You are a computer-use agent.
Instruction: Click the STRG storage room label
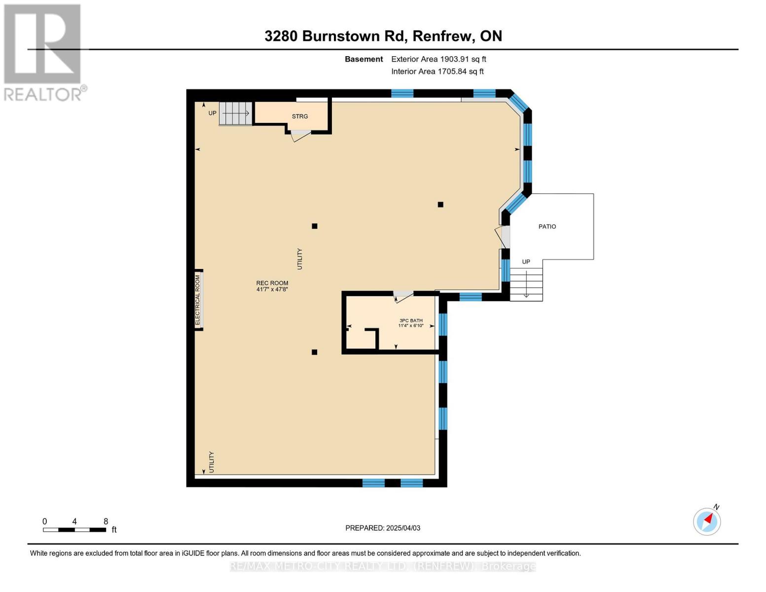[299, 116]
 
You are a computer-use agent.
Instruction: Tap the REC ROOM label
[272, 283]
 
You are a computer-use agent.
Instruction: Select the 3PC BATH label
[411, 320]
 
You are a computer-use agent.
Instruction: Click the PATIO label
[547, 226]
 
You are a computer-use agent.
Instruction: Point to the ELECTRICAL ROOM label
[198, 299]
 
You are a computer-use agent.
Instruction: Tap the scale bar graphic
[74, 530]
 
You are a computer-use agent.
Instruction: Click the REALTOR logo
[43, 52]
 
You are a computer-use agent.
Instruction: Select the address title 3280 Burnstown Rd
[383, 36]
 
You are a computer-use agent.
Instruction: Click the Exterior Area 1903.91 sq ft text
[438, 59]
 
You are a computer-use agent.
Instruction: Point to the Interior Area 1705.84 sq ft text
[437, 72]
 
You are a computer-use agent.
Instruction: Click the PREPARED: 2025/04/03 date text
[383, 528]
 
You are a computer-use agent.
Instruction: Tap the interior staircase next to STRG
[235, 113]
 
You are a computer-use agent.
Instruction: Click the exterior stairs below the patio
[526, 284]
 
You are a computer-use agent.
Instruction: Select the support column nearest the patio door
[440, 205]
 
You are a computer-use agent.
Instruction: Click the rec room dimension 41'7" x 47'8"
[272, 290]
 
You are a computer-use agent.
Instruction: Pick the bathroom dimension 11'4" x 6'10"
[411, 326]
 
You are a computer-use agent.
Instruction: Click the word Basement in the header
[364, 59]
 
